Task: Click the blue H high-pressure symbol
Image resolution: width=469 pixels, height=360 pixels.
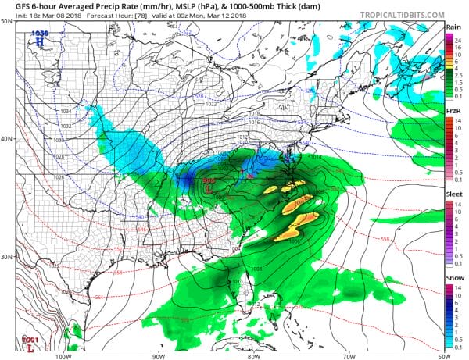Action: pos(38,41)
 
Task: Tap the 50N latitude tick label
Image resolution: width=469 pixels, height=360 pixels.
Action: pos(7,21)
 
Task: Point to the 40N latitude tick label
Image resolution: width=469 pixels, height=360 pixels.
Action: pos(7,139)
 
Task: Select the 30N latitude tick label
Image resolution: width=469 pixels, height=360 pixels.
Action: pos(7,257)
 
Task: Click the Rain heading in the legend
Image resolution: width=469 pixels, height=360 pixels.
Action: pos(453,27)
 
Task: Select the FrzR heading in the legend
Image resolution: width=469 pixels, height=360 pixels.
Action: pos(453,112)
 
